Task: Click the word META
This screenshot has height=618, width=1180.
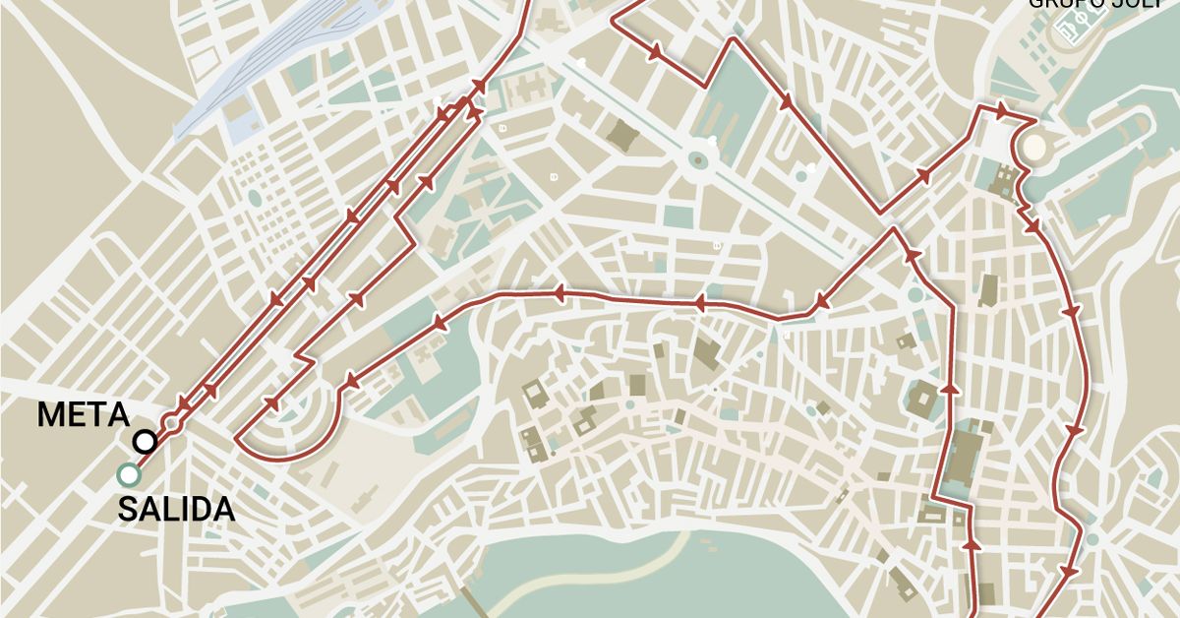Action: coord(84,414)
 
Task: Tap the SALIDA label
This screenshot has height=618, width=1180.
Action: coord(177,510)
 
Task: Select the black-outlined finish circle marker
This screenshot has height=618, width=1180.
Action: coord(146,442)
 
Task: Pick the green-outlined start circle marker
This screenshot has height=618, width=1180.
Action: coord(127,475)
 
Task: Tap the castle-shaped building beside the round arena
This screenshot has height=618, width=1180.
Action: coord(1004,183)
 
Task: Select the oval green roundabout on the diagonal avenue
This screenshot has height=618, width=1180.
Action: coord(699,158)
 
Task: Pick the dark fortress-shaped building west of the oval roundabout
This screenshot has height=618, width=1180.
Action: coord(622,134)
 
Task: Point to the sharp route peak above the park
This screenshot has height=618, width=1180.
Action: coord(732,41)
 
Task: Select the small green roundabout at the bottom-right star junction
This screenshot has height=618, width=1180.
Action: coord(1091,539)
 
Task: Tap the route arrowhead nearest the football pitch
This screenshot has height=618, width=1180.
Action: coord(1001,108)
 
